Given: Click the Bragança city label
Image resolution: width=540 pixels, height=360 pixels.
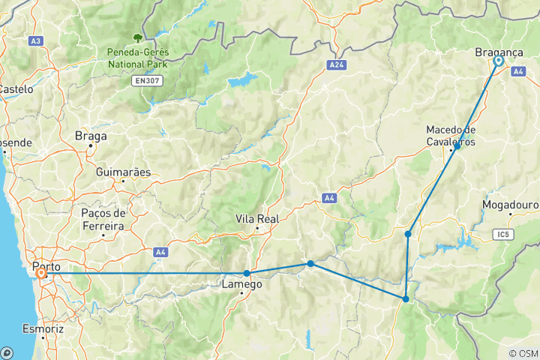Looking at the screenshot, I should (499, 52).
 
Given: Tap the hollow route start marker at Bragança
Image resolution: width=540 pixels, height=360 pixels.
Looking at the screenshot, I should (497, 62).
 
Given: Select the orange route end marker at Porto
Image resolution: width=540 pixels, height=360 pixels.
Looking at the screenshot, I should (41, 274).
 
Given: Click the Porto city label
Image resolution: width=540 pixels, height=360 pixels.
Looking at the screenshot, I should (46, 265).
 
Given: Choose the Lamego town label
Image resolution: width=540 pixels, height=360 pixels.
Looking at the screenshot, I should (241, 284).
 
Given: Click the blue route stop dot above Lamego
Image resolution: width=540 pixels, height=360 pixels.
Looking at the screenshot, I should (247, 273).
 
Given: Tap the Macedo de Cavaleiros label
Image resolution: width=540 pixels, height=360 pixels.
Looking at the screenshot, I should (450, 135).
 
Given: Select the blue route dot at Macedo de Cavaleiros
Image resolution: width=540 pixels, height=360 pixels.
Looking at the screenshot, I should (457, 147).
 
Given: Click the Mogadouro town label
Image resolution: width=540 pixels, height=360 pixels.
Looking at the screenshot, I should (511, 203).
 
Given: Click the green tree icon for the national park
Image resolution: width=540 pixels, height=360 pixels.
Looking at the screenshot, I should (137, 36).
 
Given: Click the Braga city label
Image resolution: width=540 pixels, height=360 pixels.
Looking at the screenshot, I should (91, 136).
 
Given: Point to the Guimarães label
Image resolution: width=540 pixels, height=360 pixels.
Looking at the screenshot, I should (123, 172).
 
